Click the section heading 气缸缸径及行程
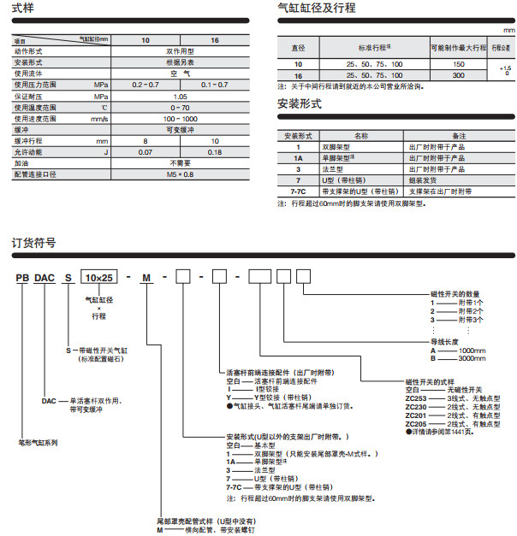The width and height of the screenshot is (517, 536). click(x=317, y=9)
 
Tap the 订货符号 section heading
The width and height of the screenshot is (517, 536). click(x=35, y=243)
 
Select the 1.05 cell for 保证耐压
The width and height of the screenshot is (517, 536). click(x=180, y=97)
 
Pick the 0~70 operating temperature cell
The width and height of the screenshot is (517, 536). click(x=180, y=108)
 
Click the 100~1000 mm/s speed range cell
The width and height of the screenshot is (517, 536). click(x=180, y=118)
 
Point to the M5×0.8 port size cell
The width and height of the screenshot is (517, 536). click(x=180, y=174)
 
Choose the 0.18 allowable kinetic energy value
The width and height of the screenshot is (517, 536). click(x=215, y=151)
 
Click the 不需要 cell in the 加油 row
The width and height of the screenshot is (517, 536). click(x=180, y=162)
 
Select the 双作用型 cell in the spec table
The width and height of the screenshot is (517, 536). click(x=180, y=52)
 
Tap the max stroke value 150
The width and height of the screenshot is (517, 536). click(x=459, y=64)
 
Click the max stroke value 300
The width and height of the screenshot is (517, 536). click(x=459, y=75)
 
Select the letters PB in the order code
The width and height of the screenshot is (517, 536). click(x=21, y=278)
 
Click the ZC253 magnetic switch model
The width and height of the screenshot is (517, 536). click(x=417, y=399)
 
